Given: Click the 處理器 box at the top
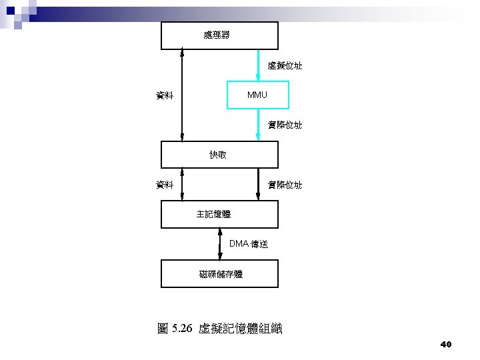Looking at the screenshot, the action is pyautogui.click(x=219, y=35).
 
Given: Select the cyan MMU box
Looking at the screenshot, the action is pyautogui.click(x=258, y=95).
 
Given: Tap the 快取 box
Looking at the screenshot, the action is pyautogui.click(x=219, y=155).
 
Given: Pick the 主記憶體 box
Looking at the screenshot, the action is pyautogui.click(x=219, y=214).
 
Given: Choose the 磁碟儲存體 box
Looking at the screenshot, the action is pyautogui.click(x=219, y=273).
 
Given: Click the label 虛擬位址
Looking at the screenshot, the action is pyautogui.click(x=285, y=65).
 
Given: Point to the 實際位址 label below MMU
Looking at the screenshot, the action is pyautogui.click(x=285, y=125).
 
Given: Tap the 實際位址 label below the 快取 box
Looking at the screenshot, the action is pyautogui.click(x=285, y=185).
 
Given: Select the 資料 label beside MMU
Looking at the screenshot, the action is pyautogui.click(x=165, y=95).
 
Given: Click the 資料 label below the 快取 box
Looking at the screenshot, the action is pyautogui.click(x=165, y=185).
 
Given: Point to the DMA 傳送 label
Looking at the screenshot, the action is pyautogui.click(x=249, y=244).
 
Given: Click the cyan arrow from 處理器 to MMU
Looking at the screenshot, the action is pyautogui.click(x=259, y=65).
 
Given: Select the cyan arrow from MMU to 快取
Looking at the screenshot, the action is pyautogui.click(x=259, y=125).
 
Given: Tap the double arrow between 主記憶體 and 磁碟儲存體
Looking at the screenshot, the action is pyautogui.click(x=220, y=244).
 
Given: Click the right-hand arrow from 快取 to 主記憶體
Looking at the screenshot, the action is pyautogui.click(x=259, y=184).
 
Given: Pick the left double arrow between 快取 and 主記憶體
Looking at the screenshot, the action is pyautogui.click(x=182, y=184).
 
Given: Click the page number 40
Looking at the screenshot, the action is pyautogui.click(x=446, y=345).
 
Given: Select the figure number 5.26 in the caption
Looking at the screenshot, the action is pyautogui.click(x=181, y=329).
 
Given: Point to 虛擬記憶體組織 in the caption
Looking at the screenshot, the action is pyautogui.click(x=241, y=329).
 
